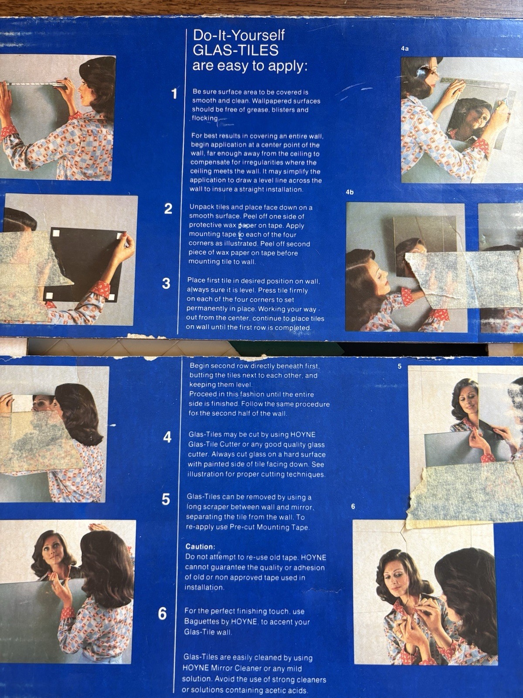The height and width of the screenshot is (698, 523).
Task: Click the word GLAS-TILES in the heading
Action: click(236, 50)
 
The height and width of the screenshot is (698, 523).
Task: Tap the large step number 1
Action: click(174, 94)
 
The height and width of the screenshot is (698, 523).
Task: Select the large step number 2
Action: click(168, 209)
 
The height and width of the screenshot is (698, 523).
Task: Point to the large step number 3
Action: click(166, 283)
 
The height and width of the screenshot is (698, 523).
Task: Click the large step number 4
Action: click(167, 438)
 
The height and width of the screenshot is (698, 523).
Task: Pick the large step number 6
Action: click(162, 614)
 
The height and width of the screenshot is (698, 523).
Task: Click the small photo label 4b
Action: click(350, 192)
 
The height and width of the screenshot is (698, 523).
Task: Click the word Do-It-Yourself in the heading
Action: click(239, 35)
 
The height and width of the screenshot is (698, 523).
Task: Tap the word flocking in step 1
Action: click(205, 118)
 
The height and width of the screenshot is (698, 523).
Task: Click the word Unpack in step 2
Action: click(200, 207)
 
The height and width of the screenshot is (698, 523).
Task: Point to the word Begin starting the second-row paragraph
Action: click(199, 366)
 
